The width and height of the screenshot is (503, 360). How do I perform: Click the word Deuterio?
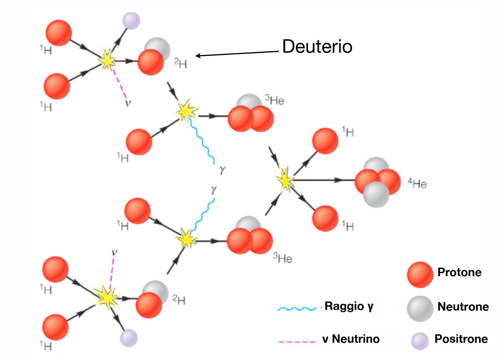tap(317, 47)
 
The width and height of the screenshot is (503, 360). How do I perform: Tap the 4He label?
tap(417, 183)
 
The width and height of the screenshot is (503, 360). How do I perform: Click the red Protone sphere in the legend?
tap(420, 274)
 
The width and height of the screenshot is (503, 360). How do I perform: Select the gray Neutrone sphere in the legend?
tap(420, 309)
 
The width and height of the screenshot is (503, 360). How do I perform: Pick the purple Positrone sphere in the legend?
tap(420, 341)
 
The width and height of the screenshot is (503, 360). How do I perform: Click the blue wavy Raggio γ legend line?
tap(297, 309)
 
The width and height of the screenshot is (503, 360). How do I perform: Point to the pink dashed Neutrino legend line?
tap(297, 342)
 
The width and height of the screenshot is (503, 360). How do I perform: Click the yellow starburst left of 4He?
tap(286, 180)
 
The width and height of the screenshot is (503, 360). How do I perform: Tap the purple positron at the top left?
tap(131, 21)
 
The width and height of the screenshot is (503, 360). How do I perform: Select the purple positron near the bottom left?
tap(129, 338)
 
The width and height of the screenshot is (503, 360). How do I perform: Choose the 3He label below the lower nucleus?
tap(283, 258)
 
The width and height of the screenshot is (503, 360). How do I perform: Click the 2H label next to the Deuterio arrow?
tap(180, 63)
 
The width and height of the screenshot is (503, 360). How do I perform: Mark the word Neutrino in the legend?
tap(356, 339)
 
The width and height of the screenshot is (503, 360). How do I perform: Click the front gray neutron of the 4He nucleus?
tap(376, 194)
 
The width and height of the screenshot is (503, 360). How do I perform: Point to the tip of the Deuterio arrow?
tap(195, 56)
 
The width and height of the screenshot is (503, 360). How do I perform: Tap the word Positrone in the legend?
tap(461, 339)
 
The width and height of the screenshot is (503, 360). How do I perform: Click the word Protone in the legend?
tap(459, 272)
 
